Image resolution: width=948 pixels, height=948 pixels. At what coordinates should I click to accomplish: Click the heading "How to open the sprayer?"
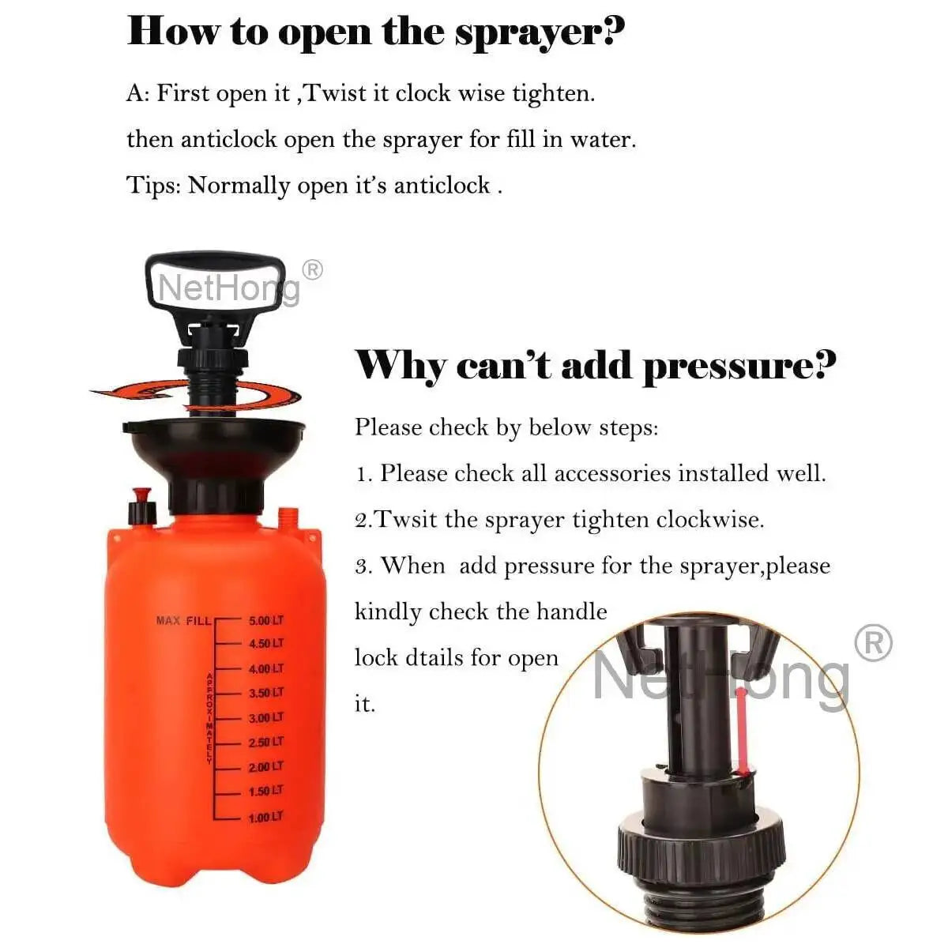pyautogui.click(x=375, y=33)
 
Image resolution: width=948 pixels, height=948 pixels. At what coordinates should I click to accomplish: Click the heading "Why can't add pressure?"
pyautogui.click(x=595, y=366)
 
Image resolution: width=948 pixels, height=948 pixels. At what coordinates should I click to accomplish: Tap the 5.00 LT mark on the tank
pyautogui.click(x=265, y=621)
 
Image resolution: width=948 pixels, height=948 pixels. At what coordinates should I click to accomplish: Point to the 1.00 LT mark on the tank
pyautogui.click(x=265, y=818)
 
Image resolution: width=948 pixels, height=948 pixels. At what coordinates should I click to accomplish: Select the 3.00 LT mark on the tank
pyautogui.click(x=265, y=718)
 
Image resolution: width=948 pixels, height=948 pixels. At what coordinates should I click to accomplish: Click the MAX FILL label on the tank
pyautogui.click(x=183, y=621)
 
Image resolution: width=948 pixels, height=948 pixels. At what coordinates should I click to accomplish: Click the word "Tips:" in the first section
pyautogui.click(x=153, y=186)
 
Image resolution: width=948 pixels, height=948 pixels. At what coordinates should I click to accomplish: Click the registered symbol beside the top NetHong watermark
pyautogui.click(x=313, y=270)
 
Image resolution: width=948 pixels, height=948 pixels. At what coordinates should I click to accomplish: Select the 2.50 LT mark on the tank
pyautogui.click(x=265, y=743)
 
